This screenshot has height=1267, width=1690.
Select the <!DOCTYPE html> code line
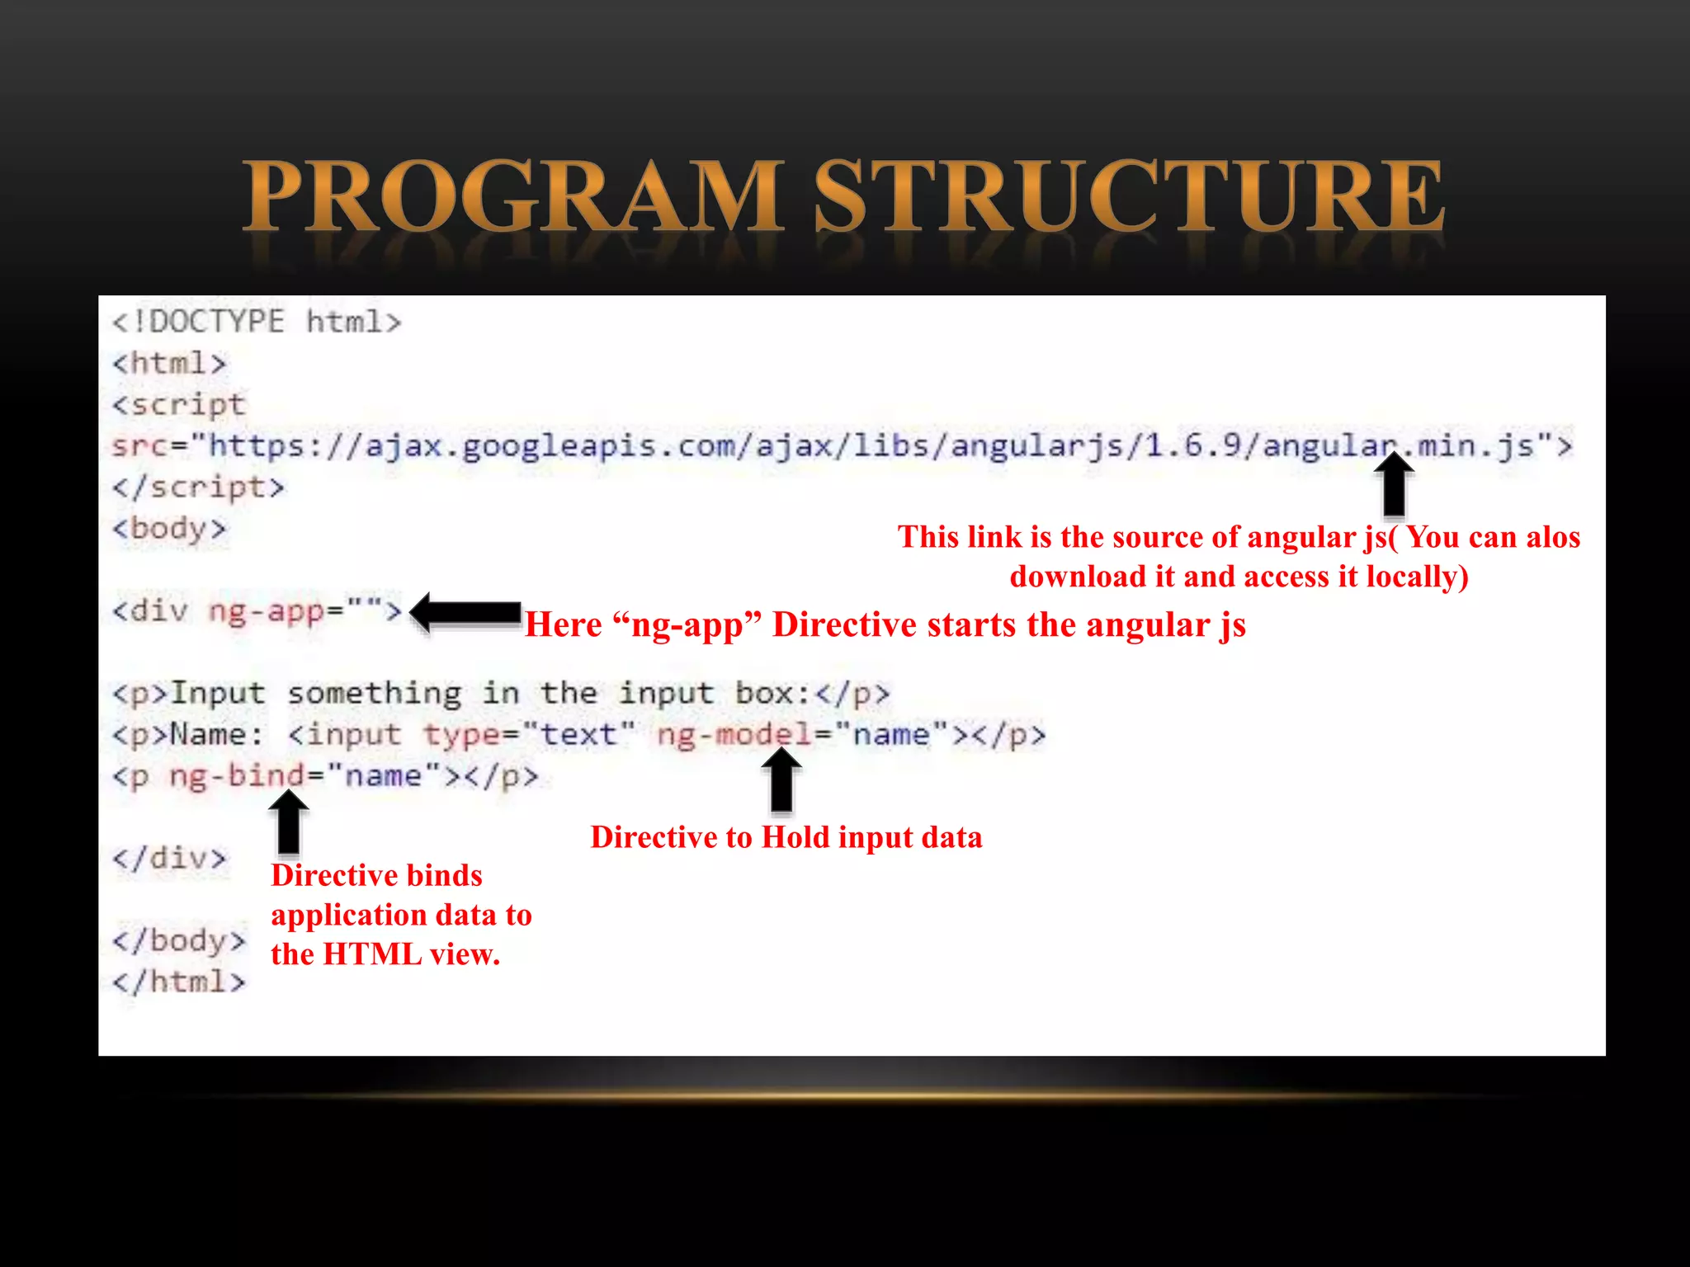pos(257,322)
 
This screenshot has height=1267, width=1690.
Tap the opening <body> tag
pos(169,528)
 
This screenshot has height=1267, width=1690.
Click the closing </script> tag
pos(198,487)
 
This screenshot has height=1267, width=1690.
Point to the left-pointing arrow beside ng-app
pos(465,613)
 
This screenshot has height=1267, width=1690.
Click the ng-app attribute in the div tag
pos(266,611)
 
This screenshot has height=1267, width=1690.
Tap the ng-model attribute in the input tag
pos(734,734)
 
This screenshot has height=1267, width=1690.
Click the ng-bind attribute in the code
pos(236,776)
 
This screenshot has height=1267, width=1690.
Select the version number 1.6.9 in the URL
pos(1193,446)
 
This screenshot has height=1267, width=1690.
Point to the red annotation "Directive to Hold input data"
pos(786,837)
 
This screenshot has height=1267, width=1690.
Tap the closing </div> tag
pos(169,858)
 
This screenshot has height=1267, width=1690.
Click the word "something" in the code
pos(374,694)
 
